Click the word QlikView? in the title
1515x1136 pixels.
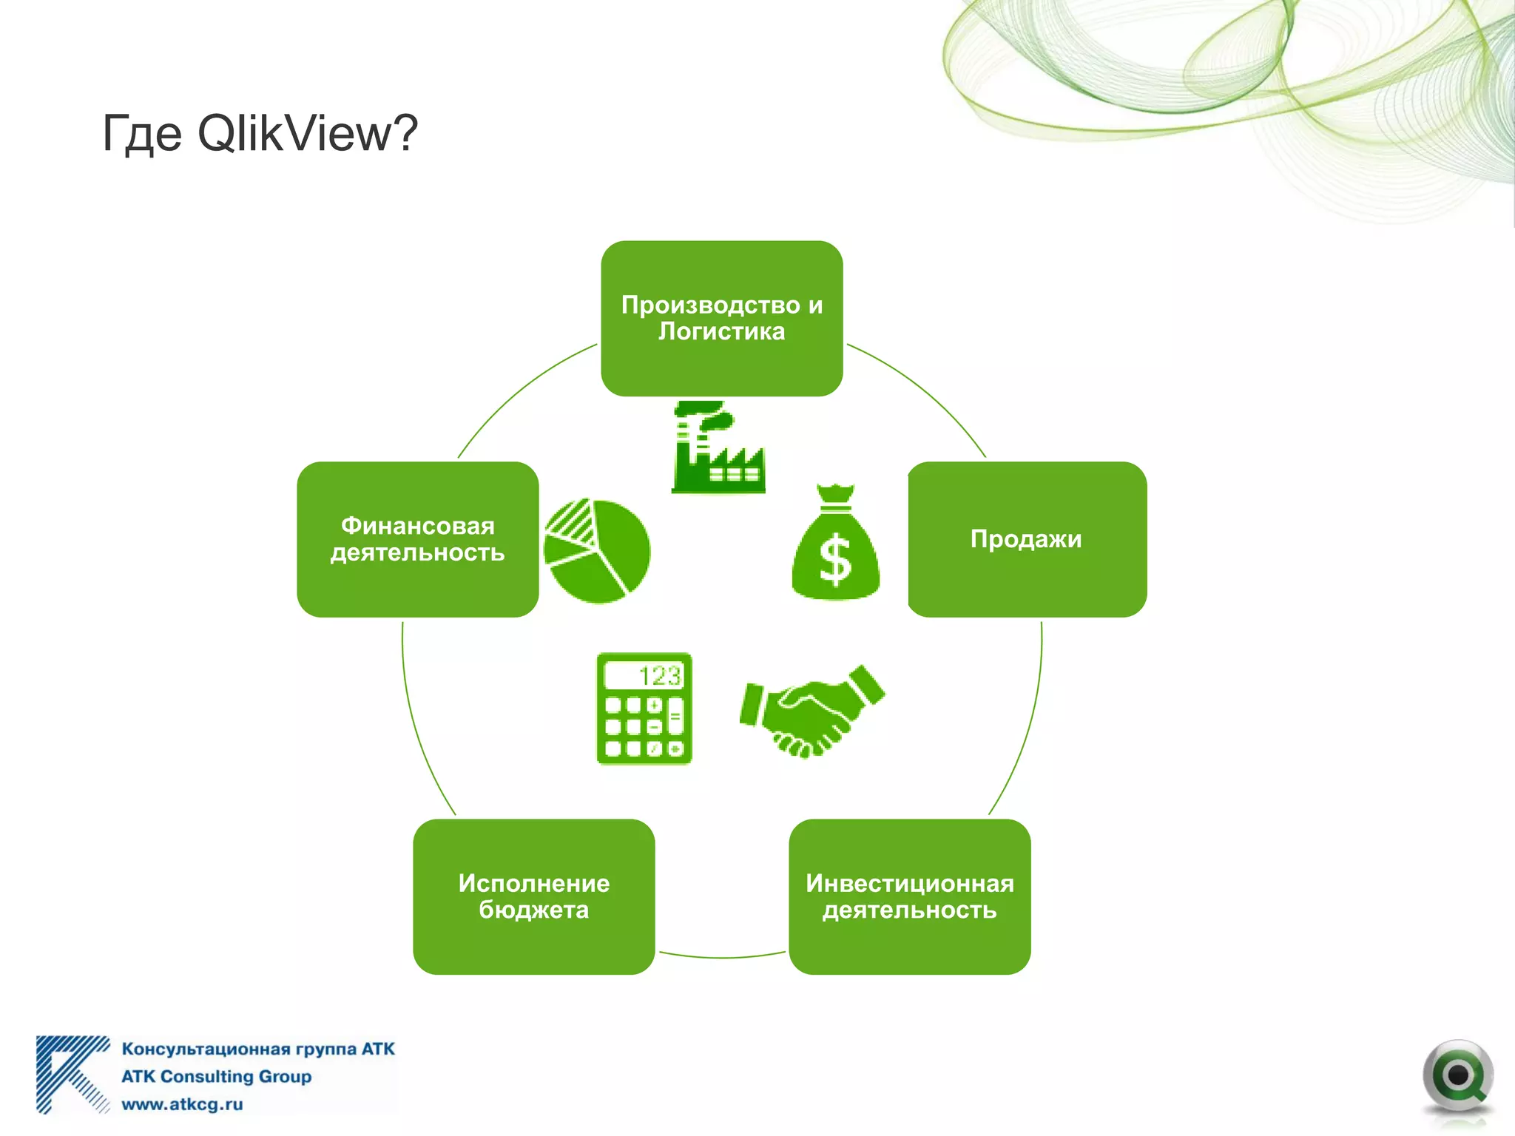(x=308, y=135)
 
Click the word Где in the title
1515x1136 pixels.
(x=141, y=135)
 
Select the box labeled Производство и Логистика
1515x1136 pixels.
(x=721, y=318)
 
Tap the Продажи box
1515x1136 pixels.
(x=1027, y=539)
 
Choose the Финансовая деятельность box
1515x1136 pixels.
(x=418, y=539)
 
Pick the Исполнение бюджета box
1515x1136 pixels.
(x=533, y=896)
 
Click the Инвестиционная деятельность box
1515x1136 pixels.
(x=909, y=896)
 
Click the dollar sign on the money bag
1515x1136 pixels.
(x=836, y=561)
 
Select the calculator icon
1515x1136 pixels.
(x=644, y=709)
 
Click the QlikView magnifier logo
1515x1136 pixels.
(x=1457, y=1077)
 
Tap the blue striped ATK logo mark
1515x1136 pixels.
(x=70, y=1074)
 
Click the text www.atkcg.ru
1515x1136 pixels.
(x=182, y=1104)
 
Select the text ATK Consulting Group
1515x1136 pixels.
(x=216, y=1076)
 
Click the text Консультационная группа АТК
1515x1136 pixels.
(x=257, y=1049)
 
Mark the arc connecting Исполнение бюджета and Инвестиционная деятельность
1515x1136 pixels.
(x=721, y=957)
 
